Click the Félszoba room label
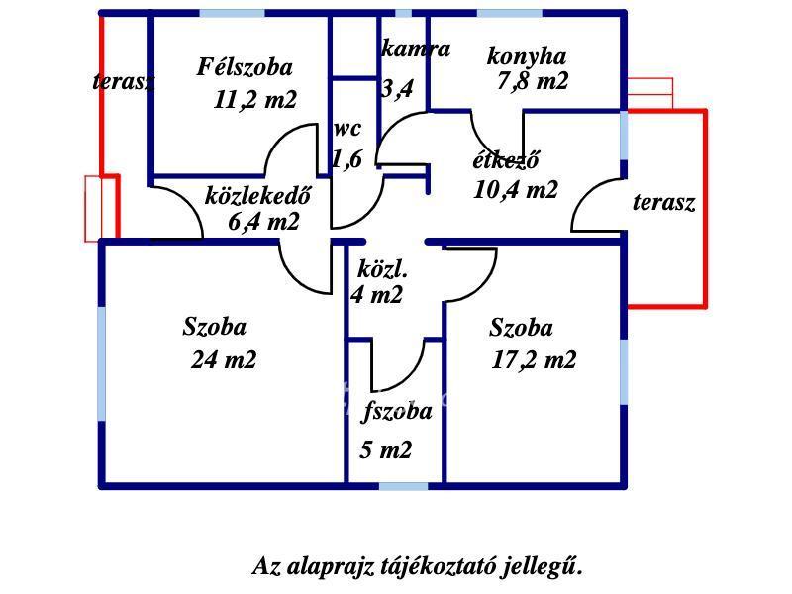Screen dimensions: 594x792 click(245, 67)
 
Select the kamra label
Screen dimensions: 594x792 click(416, 49)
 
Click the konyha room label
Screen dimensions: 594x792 click(526, 55)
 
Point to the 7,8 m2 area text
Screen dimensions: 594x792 click(533, 81)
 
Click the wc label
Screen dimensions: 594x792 click(347, 129)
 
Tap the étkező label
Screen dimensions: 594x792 click(505, 161)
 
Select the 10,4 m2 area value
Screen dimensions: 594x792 click(515, 189)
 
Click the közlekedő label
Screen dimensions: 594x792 click(257, 195)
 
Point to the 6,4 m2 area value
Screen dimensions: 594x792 click(263, 221)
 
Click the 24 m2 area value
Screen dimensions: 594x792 click(223, 359)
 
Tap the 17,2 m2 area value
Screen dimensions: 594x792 click(534, 359)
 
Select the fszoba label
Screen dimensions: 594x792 click(397, 412)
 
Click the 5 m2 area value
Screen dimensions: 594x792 click(385, 450)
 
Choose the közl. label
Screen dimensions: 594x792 click(382, 269)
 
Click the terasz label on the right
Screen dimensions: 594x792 click(663, 203)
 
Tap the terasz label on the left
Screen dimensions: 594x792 click(124, 81)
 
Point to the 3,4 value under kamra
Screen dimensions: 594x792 click(397, 89)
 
